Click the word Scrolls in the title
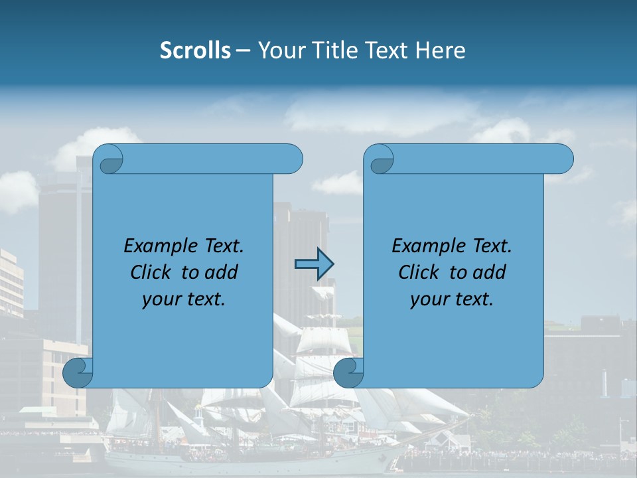click(x=196, y=50)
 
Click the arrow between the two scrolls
click(x=314, y=264)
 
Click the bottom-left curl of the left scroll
click(x=78, y=372)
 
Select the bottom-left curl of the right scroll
click(x=349, y=372)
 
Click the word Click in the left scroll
click(x=152, y=272)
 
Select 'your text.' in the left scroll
click(x=184, y=299)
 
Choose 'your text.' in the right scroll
click(x=452, y=299)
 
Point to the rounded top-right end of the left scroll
click(x=292, y=159)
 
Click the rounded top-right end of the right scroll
click(x=563, y=159)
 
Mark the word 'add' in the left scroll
click(x=222, y=272)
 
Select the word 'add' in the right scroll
click(x=490, y=272)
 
